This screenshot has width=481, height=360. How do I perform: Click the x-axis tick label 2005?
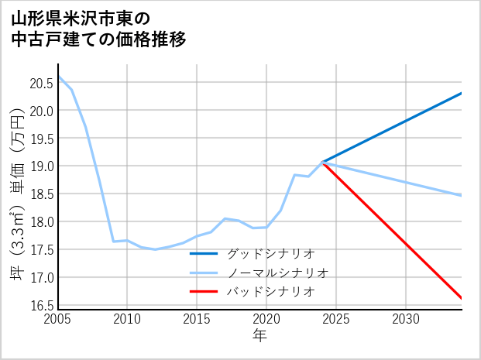(58, 319)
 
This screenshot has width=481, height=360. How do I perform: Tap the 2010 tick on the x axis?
(127, 319)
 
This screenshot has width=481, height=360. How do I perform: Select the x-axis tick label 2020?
(266, 319)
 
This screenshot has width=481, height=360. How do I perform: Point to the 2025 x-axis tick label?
(336, 319)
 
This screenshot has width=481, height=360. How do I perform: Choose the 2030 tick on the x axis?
(406, 319)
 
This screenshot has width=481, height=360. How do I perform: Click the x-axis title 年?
(259, 336)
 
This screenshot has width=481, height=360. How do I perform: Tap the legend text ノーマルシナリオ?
(277, 273)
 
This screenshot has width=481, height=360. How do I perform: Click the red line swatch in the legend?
(204, 292)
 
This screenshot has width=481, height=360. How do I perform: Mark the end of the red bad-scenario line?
(462, 298)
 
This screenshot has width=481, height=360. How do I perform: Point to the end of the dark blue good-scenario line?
(462, 93)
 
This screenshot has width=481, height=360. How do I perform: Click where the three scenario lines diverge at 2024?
(322, 162)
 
